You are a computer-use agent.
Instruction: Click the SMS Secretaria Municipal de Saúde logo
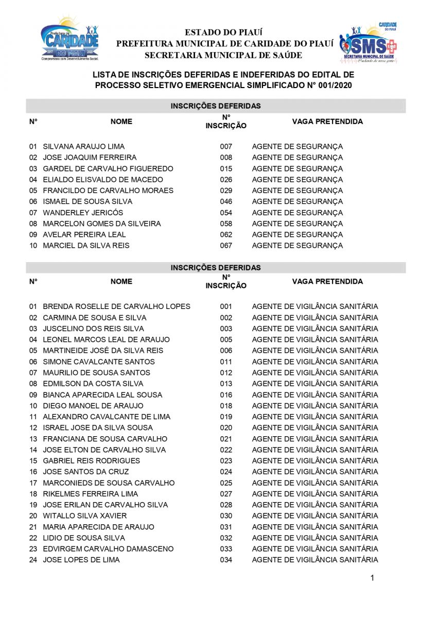pyautogui.click(x=368, y=42)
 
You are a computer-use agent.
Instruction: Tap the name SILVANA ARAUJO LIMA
pyautogui.click(x=83, y=147)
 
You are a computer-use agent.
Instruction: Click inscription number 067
pyautogui.click(x=226, y=246)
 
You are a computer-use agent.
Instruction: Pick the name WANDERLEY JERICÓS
pyautogui.click(x=83, y=213)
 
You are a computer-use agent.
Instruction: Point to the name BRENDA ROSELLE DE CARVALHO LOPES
pyautogui.click(x=116, y=306)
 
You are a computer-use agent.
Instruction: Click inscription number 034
pyautogui.click(x=226, y=560)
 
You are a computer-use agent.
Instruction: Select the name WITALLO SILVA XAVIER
pyautogui.click(x=84, y=516)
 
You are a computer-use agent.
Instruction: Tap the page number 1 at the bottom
pyautogui.click(x=372, y=578)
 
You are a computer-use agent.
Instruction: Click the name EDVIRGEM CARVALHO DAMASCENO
pyautogui.click(x=108, y=549)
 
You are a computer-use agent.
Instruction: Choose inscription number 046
pyautogui.click(x=226, y=202)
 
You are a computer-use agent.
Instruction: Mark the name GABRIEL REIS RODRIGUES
pyautogui.click(x=91, y=461)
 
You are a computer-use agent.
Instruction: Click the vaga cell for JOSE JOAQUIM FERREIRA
pyautogui.click(x=297, y=158)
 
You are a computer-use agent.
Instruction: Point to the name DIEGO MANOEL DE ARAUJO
pyautogui.click(x=93, y=406)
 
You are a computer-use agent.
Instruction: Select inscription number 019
pyautogui.click(x=226, y=417)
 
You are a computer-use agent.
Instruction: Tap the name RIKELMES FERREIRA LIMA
pyautogui.click(x=90, y=494)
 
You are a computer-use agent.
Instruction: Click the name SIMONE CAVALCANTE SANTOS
pyautogui.click(x=99, y=362)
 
